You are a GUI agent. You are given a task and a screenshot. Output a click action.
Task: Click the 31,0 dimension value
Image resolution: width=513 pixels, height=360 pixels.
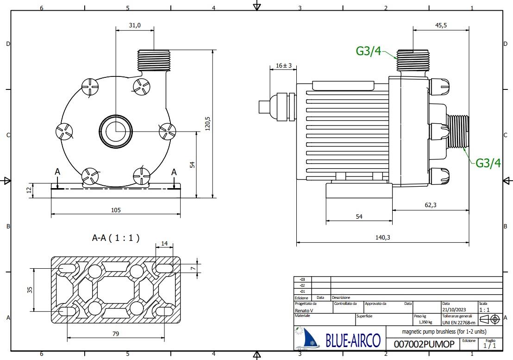134,25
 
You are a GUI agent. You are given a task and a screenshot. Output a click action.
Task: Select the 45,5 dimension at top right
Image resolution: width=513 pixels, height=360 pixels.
441,25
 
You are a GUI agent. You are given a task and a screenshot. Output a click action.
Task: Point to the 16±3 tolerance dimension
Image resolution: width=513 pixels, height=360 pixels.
284,65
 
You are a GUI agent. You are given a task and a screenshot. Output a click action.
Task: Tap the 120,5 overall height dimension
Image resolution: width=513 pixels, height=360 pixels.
208,124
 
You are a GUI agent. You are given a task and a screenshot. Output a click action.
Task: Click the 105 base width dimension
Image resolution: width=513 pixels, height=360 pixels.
116,210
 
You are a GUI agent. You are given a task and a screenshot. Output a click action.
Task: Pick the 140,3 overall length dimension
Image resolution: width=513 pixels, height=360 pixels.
383,237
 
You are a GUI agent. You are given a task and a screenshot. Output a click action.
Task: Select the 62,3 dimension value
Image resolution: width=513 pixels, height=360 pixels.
430,205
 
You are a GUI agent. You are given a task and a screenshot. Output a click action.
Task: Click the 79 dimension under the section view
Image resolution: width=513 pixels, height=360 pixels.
116,333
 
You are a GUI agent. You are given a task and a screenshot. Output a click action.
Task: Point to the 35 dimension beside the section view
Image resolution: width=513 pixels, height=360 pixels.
30,290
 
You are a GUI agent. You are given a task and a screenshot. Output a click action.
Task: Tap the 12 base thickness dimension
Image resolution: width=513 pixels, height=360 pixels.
29,189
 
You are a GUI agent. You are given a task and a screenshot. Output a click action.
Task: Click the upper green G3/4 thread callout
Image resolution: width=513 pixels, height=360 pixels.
369,51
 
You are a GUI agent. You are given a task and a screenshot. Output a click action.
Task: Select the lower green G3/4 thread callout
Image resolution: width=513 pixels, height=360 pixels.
488,163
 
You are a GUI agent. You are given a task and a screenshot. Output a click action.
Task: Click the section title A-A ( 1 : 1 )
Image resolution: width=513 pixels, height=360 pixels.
116,238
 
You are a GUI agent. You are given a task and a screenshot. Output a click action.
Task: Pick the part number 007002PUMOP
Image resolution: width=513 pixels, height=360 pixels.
424,344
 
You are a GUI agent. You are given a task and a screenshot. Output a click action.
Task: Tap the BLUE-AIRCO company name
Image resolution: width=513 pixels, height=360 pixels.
353,341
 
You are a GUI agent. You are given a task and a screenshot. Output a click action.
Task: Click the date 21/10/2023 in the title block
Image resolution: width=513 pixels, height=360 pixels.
454,310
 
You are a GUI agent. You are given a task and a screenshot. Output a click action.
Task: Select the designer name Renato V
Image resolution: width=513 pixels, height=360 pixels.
304,310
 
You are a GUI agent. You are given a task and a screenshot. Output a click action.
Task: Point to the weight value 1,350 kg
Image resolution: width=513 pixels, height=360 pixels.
425,322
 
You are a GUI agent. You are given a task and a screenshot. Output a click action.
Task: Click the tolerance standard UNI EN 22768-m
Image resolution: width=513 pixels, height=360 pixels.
458,322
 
